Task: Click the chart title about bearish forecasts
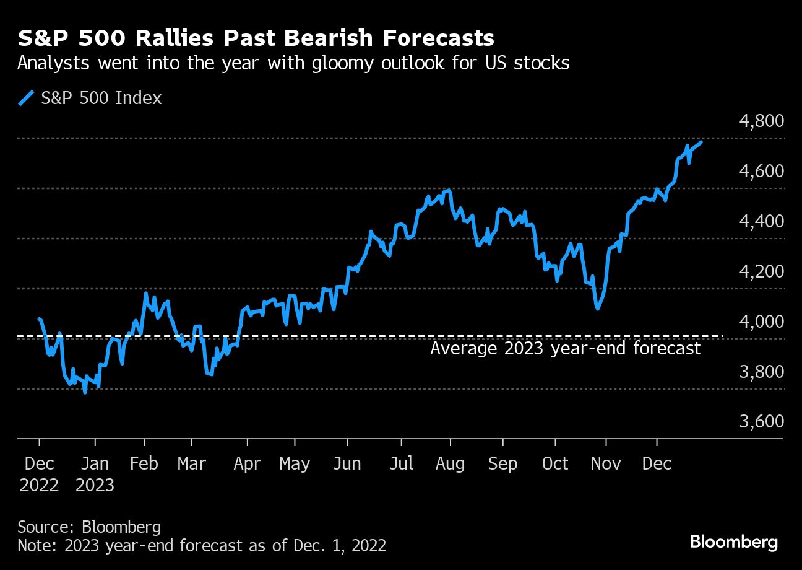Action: [256, 38]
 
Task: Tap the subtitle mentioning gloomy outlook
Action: [293, 63]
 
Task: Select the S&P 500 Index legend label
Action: [101, 98]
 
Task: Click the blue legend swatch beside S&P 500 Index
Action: [26, 98]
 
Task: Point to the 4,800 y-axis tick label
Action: [761, 121]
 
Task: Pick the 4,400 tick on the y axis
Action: [761, 221]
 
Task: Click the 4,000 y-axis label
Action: [761, 322]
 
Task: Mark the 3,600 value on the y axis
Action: [761, 421]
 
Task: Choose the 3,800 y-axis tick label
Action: [761, 372]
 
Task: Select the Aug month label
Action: [450, 464]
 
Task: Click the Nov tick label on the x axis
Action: [606, 464]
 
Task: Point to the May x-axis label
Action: [295, 464]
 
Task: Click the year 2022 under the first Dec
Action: [39, 485]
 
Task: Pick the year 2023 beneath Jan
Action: [95, 485]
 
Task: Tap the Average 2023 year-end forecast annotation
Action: [565, 349]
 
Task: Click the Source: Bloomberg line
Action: [89, 527]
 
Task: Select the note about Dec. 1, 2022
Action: [202, 546]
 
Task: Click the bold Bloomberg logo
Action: [734, 542]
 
